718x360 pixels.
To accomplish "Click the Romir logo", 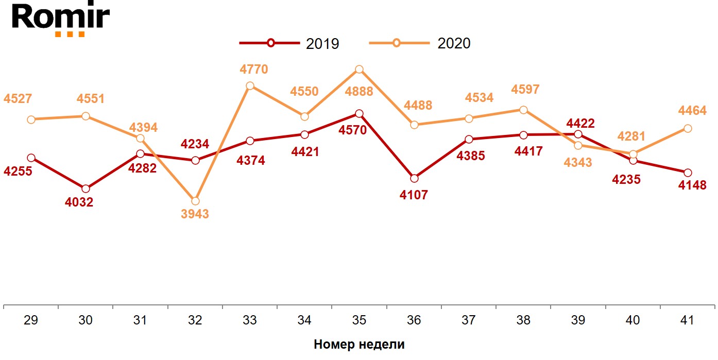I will click(x=61, y=20).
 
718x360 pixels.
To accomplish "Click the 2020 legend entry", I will click(x=420, y=43).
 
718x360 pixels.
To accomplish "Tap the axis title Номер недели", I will click(x=359, y=345).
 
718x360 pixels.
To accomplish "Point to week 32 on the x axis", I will click(x=195, y=320).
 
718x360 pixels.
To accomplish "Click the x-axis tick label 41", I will click(x=688, y=320).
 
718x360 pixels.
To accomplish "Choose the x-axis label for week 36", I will click(x=414, y=320).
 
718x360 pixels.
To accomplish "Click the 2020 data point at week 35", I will click(x=359, y=70).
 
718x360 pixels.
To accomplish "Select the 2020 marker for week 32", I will click(x=195, y=201).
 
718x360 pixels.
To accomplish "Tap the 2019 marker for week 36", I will click(x=414, y=178).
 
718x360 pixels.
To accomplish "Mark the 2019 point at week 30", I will click(x=86, y=188).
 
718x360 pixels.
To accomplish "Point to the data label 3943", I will click(x=195, y=214).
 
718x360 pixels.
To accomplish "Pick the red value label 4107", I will click(x=414, y=195).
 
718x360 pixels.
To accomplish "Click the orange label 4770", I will click(x=254, y=69).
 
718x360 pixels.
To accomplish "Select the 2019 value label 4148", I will click(x=692, y=185).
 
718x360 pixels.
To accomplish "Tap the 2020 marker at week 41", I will click(x=688, y=128).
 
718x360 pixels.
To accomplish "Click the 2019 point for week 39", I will click(x=578, y=134).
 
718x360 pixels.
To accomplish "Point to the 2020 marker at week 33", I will click(x=250, y=86).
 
